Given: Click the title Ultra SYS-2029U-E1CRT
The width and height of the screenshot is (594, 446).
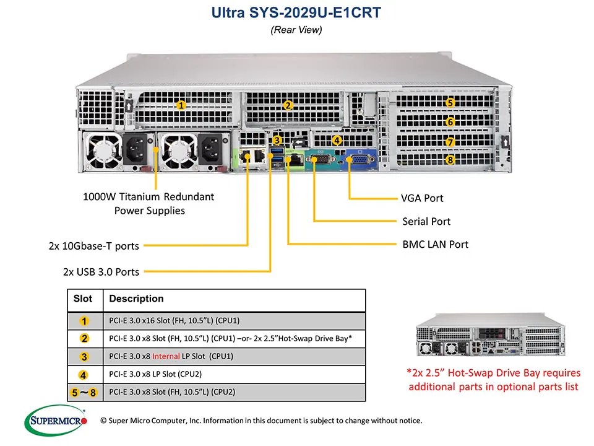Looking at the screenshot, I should click(x=296, y=12).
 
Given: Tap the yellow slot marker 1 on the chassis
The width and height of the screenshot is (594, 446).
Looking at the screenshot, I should click(x=181, y=105).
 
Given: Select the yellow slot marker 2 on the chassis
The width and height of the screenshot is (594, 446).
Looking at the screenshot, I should click(x=287, y=105).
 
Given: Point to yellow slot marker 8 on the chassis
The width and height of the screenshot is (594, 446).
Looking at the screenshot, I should click(x=450, y=160).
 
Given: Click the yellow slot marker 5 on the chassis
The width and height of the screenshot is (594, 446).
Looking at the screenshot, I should click(x=450, y=103).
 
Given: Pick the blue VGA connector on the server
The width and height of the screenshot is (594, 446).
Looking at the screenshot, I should click(x=358, y=160).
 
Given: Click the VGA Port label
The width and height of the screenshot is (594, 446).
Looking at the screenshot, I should click(x=422, y=199).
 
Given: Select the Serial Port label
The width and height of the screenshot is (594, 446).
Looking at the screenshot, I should click(x=426, y=221).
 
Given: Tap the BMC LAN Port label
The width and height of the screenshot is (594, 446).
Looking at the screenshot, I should click(x=435, y=244).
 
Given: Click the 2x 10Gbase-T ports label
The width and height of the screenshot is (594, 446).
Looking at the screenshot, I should click(x=94, y=246).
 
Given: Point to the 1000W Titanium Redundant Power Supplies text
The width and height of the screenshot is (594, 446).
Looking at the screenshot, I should click(x=148, y=204).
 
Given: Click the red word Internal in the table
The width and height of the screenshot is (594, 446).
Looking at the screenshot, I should click(x=166, y=356).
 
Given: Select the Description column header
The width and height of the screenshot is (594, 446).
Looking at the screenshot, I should click(x=136, y=299).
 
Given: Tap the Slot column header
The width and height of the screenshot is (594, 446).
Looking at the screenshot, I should click(x=83, y=299).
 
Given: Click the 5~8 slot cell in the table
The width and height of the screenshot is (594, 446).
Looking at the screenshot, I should click(x=84, y=392).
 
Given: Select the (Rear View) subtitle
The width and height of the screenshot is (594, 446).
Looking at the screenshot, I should click(x=296, y=29).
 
